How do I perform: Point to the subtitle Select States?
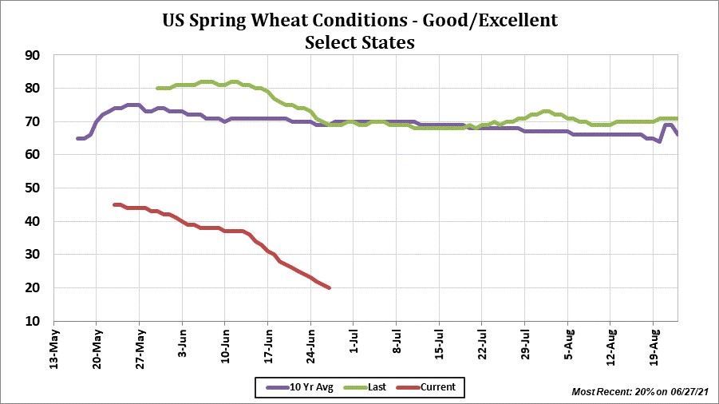(359, 42)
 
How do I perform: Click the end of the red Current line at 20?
(329, 287)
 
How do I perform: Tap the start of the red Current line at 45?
(115, 204)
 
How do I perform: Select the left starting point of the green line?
(158, 88)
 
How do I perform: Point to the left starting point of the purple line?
(78, 138)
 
